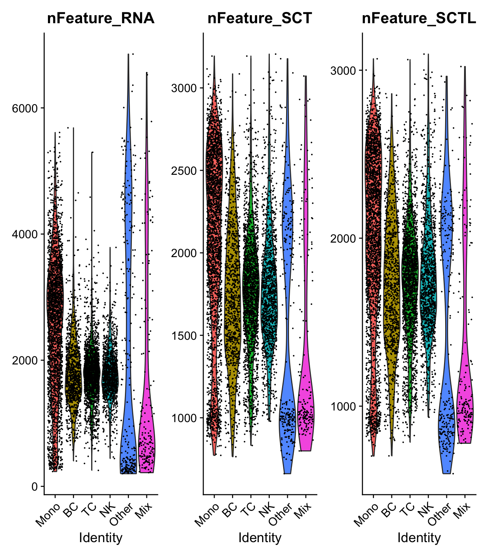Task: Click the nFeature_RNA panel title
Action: point(101,18)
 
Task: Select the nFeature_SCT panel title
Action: point(260,18)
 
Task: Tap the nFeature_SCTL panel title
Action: point(419,18)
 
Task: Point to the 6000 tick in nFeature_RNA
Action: point(25,108)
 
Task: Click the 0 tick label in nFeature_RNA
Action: point(35,486)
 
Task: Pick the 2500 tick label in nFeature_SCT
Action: point(184,170)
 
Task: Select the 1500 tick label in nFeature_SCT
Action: point(184,335)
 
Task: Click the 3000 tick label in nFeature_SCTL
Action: point(343,70)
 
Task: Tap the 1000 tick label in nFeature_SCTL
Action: point(343,407)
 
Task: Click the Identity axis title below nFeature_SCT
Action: point(260,537)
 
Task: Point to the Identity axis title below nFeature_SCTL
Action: point(419,537)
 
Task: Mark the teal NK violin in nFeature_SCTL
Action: point(428,290)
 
